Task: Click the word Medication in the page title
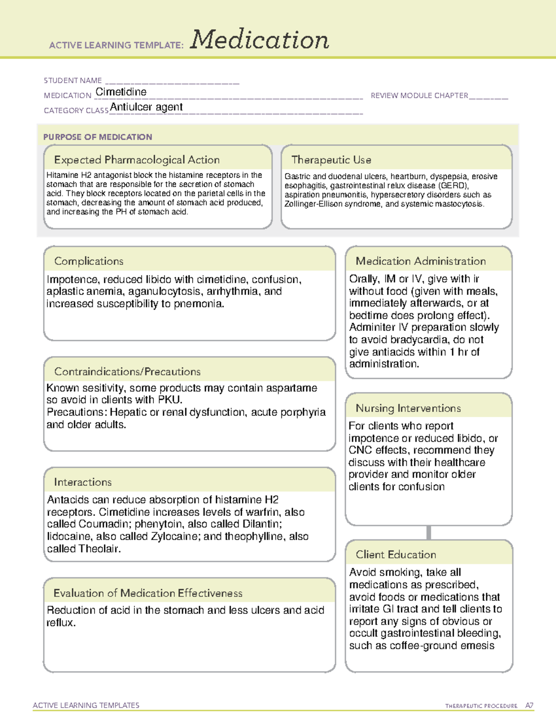coord(259,40)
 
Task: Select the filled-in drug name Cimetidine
coord(121,92)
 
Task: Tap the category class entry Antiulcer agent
coord(146,107)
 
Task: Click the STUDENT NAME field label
coord(73,81)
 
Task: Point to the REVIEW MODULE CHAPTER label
coord(419,95)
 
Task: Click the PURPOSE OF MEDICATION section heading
coord(98,137)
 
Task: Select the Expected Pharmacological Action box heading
coord(137,160)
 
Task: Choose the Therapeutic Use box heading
coord(331,160)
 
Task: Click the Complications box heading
coord(89,261)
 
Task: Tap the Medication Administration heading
coord(421,261)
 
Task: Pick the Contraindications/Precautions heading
coord(127,372)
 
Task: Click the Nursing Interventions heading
coord(408,408)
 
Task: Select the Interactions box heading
coord(83,482)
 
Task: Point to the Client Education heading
coord(396,555)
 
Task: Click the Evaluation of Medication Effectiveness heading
coord(148,593)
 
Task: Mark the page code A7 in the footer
coord(529,706)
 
